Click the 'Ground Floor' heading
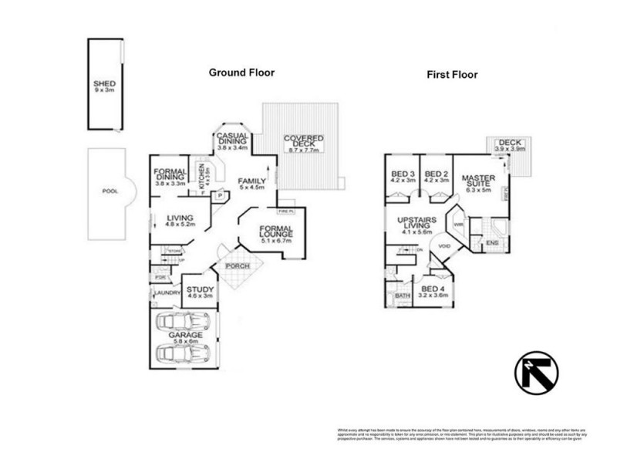click(241, 73)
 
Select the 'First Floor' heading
click(452, 75)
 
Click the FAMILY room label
click(251, 183)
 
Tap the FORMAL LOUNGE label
click(275, 234)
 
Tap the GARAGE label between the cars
click(187, 336)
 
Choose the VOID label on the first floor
click(443, 246)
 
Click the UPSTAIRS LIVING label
click(416, 223)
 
